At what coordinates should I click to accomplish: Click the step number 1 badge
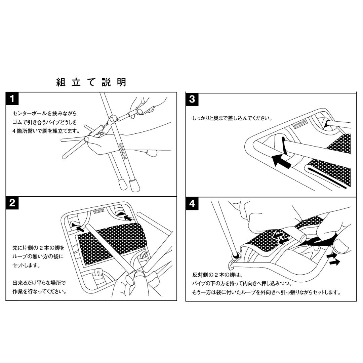[x=12, y=99]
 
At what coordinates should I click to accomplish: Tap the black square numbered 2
[x=12, y=203]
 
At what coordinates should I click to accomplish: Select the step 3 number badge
[x=192, y=99]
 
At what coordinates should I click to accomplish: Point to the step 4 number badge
[x=192, y=204]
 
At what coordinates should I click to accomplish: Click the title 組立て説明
[x=91, y=82]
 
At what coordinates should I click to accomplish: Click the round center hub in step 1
[x=113, y=118]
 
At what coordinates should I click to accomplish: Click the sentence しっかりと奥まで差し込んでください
[x=232, y=118]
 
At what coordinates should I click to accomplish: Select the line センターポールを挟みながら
[x=44, y=114]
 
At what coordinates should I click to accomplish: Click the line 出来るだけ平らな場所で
[x=39, y=283]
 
